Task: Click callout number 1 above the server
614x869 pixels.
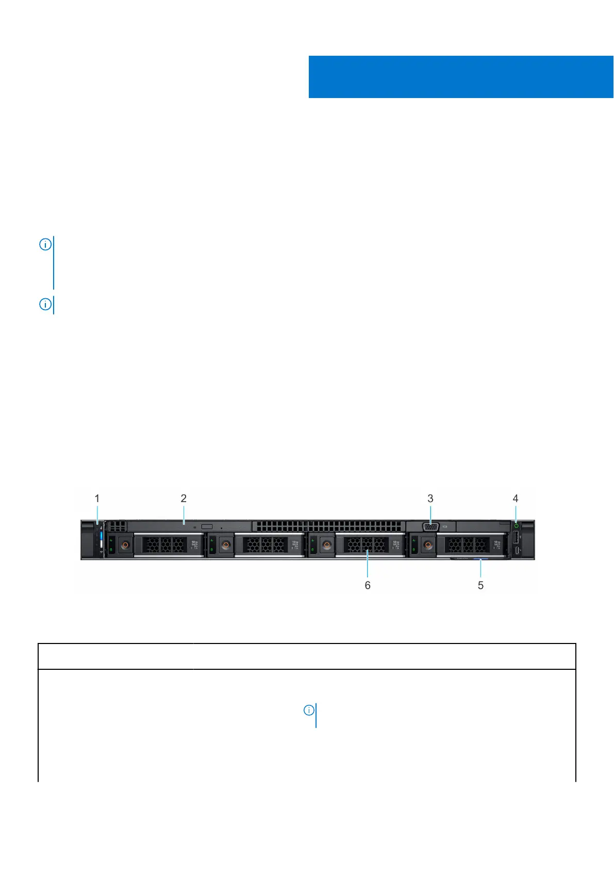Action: (x=97, y=498)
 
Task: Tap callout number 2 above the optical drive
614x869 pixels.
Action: (x=184, y=498)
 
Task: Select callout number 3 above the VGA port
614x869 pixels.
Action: (x=430, y=498)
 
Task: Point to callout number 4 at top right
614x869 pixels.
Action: (x=516, y=498)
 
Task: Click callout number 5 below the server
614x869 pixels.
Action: (x=480, y=585)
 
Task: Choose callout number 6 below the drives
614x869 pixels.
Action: (x=368, y=585)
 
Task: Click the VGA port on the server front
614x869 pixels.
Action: (x=430, y=527)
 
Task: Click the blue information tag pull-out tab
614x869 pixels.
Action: (x=480, y=558)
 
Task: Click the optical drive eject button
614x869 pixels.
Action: (x=207, y=526)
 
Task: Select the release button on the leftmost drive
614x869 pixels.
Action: (x=125, y=545)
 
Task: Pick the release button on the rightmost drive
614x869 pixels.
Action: (x=428, y=545)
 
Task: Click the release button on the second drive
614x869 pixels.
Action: (x=226, y=545)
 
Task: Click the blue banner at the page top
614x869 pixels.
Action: (x=460, y=76)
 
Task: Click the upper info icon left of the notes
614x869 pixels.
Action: (x=45, y=245)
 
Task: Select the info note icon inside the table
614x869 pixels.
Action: (x=309, y=711)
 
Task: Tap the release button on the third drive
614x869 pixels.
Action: (x=327, y=545)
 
